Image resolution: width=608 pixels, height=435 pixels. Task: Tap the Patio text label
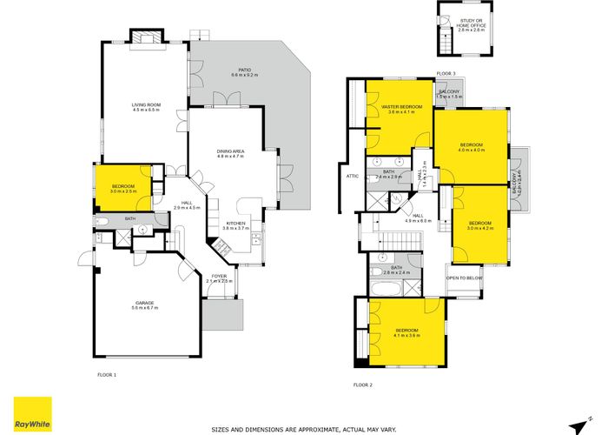coord(241,73)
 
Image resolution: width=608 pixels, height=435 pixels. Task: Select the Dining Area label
coord(230,154)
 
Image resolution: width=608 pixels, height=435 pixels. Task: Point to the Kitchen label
coord(235,225)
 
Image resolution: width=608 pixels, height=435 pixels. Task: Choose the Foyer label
coord(219,278)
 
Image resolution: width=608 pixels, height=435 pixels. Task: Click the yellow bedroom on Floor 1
coord(122,187)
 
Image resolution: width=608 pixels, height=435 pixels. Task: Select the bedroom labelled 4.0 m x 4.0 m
coord(472,146)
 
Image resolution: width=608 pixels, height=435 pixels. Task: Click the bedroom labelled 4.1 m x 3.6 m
coord(406,332)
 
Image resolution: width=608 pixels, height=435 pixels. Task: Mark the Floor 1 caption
coord(106,374)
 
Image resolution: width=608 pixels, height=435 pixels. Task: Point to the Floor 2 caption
coord(362,384)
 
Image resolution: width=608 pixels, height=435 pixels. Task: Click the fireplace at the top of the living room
coord(145,36)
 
